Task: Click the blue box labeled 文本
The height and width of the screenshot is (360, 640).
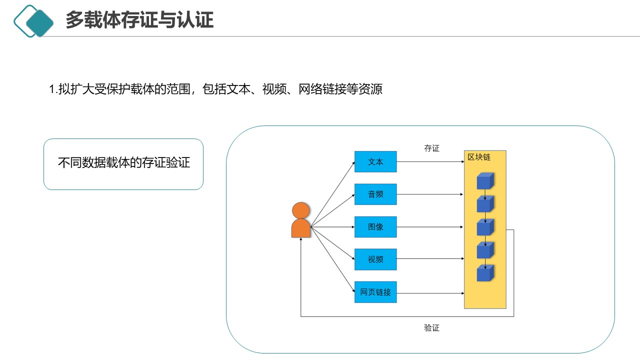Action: click(375, 162)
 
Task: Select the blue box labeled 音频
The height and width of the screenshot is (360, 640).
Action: click(375, 194)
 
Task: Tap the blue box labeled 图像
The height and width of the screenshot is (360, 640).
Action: click(375, 227)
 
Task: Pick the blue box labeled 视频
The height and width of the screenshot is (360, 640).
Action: click(375, 259)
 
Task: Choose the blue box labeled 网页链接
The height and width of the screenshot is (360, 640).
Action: click(375, 292)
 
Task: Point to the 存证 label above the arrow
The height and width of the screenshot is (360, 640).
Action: click(431, 148)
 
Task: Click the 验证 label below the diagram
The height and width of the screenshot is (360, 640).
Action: click(431, 328)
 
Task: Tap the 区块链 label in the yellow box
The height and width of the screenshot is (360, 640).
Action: click(479, 157)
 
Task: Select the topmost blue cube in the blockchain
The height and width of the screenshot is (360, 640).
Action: click(485, 181)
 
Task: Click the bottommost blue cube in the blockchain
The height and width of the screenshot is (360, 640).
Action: click(485, 273)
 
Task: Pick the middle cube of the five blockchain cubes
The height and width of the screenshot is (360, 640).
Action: click(485, 227)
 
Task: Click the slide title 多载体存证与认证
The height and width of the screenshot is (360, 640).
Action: click(139, 20)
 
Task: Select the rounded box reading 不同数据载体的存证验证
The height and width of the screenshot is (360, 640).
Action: click(123, 164)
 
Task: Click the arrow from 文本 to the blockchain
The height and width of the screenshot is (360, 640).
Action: click(430, 162)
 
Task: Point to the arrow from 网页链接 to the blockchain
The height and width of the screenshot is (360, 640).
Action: click(430, 293)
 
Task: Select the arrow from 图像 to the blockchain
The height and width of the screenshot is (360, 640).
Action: click(430, 227)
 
